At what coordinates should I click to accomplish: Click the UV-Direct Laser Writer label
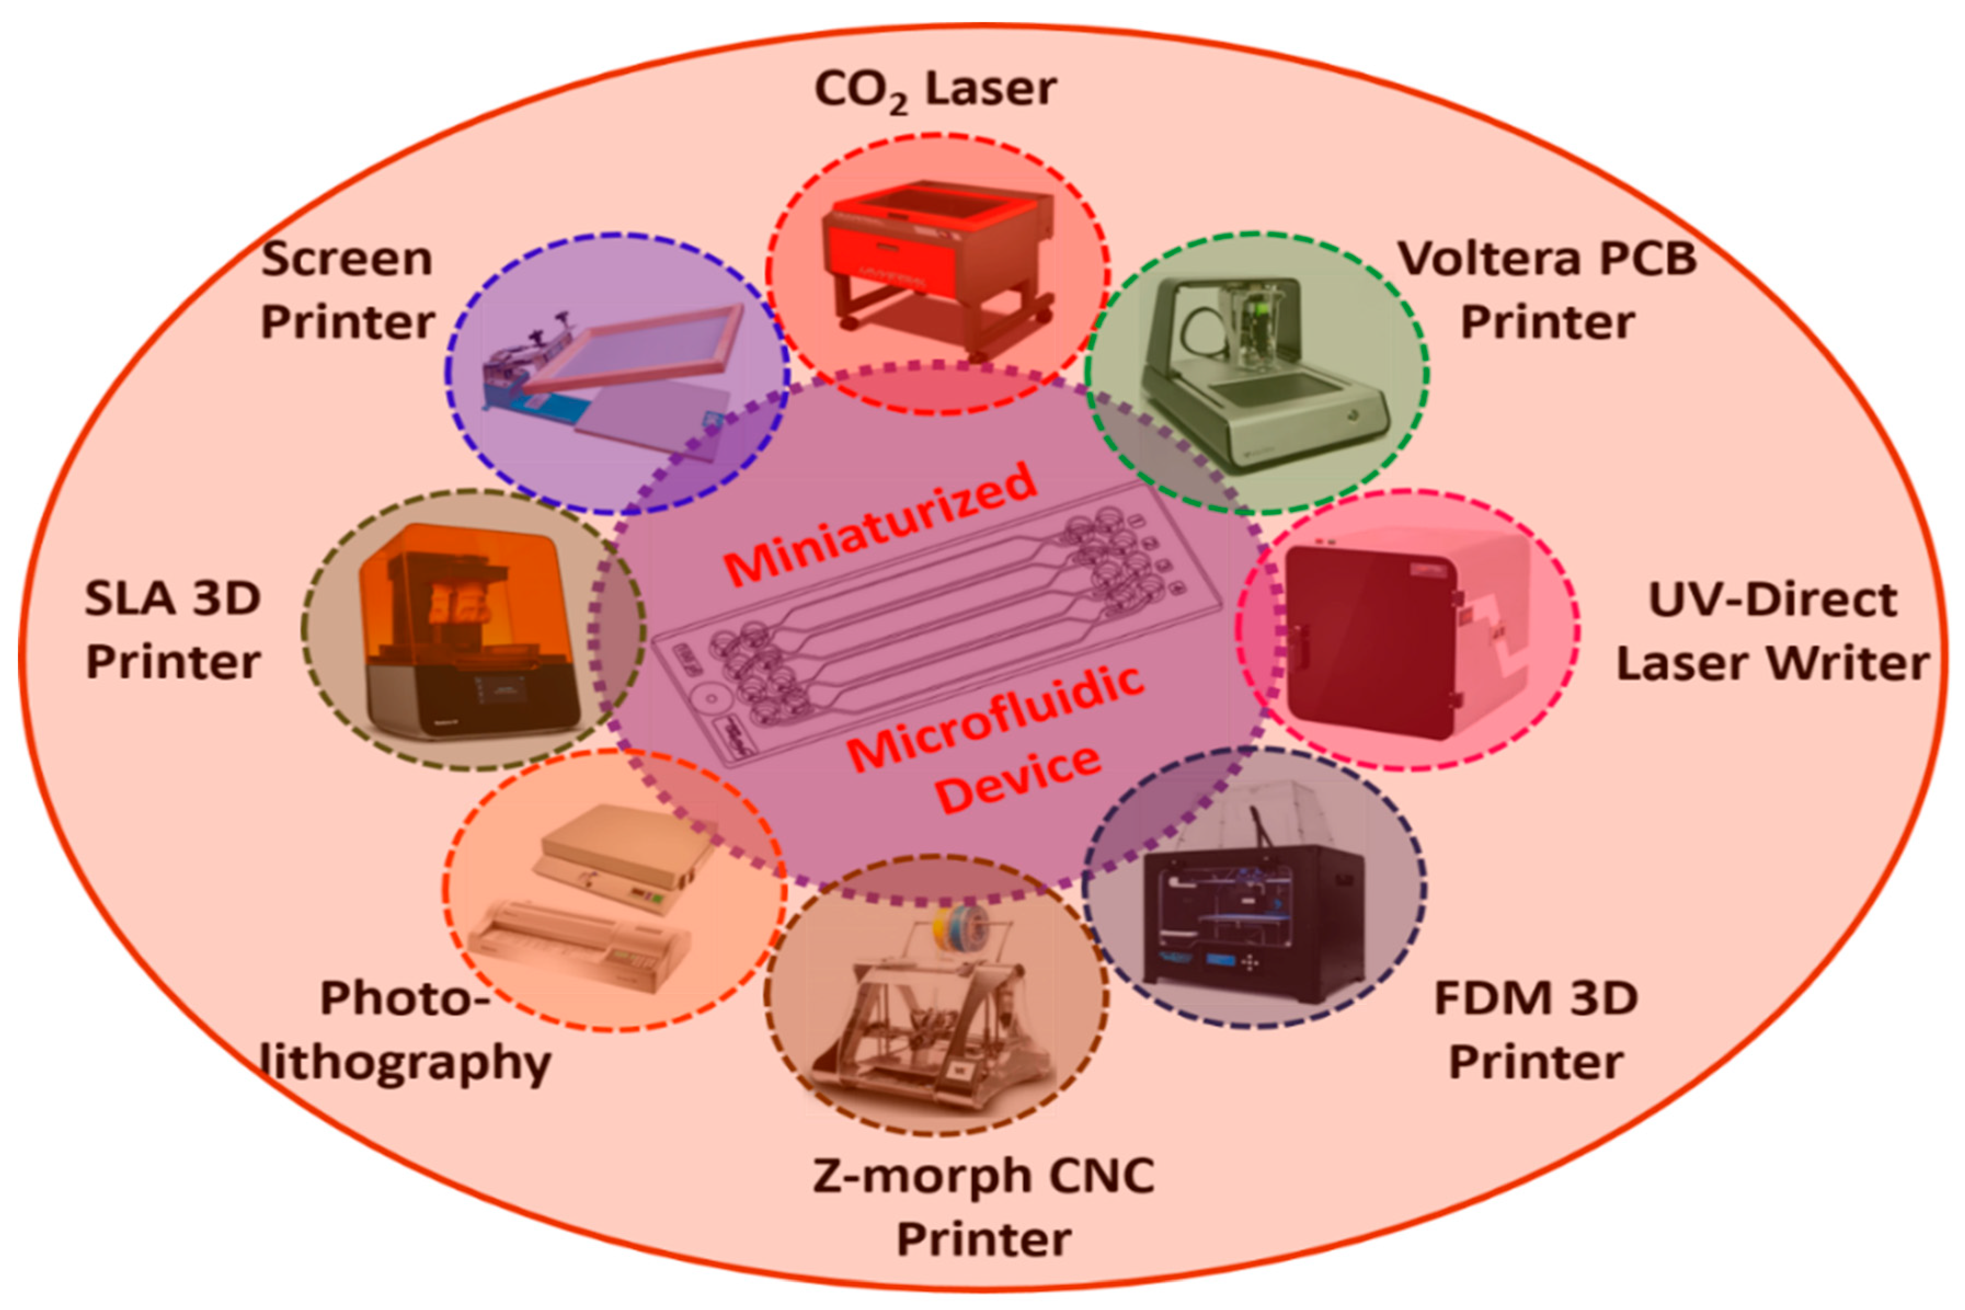(x=1771, y=631)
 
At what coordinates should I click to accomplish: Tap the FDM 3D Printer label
(x=1536, y=1029)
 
